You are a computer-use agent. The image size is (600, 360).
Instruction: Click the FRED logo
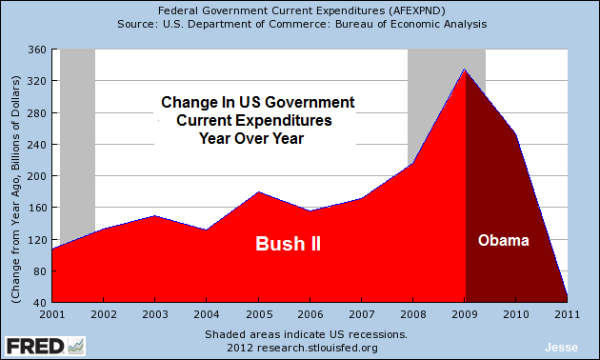coord(44,344)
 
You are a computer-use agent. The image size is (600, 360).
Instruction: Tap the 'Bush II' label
coord(288,244)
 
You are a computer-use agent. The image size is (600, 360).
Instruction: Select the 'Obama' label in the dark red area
coord(503,241)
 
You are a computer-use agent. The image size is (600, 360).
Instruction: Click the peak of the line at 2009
coord(466,70)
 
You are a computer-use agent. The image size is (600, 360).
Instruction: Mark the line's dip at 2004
coord(208,230)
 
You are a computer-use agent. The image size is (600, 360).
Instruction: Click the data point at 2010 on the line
coord(517,134)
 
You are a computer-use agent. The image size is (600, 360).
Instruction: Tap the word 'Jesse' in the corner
coord(558,347)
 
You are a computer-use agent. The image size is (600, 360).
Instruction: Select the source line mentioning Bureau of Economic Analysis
coord(300,24)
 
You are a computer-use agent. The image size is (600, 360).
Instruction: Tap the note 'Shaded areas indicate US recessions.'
coord(306,334)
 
